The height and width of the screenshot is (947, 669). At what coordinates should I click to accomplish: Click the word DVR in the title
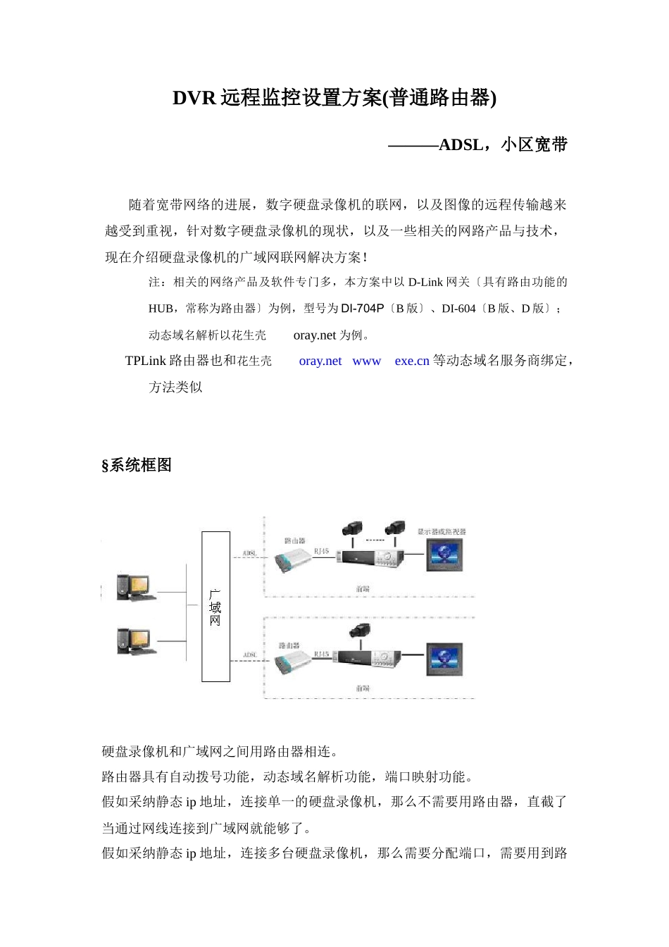pos(194,98)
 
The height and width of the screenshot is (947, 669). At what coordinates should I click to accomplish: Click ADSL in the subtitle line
pos(461,145)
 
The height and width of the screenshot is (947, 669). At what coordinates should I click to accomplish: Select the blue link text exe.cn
pos(412,361)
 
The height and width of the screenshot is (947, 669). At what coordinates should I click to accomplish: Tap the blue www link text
pos(366,361)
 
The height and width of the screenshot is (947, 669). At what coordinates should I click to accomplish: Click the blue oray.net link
pos(320,361)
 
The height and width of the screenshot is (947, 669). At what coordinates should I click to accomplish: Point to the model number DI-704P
pos(363,309)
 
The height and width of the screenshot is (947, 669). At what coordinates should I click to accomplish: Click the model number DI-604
pos(458,309)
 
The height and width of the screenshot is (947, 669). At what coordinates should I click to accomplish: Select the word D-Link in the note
pos(425,282)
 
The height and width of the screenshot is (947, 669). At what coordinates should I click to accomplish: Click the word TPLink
pos(146,361)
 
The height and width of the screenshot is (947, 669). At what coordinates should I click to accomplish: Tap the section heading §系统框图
pos(137,465)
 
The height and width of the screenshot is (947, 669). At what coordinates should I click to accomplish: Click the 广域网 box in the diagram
pos(215,607)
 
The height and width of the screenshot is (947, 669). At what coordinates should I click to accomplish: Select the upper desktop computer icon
pos(135,586)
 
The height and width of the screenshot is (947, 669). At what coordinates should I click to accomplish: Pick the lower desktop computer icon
pos(135,641)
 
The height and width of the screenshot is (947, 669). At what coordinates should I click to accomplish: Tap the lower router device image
pos(291,663)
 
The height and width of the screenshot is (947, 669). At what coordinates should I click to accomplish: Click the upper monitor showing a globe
pos(444,554)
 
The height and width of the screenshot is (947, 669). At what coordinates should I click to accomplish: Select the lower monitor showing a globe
pos(444,659)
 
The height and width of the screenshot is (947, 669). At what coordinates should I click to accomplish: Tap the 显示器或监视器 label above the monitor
pos(442,532)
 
